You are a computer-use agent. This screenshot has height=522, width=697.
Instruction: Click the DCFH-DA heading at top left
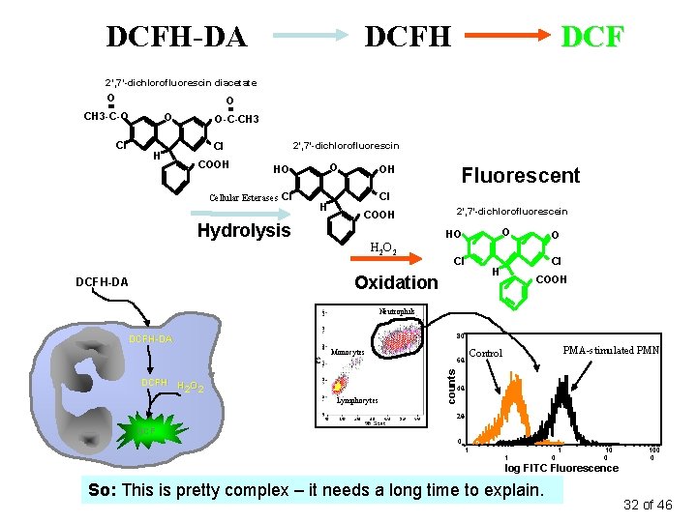(176, 37)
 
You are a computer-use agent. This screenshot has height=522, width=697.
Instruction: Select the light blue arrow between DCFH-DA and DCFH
(308, 37)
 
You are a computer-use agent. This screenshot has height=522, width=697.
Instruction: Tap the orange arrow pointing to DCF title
(508, 37)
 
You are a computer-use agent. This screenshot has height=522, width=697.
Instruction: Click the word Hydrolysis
(244, 230)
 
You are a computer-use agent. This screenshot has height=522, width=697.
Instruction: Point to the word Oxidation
(396, 282)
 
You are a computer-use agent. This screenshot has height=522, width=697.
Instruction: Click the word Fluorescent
(520, 175)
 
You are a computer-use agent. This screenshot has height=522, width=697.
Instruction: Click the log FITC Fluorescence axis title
(561, 468)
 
